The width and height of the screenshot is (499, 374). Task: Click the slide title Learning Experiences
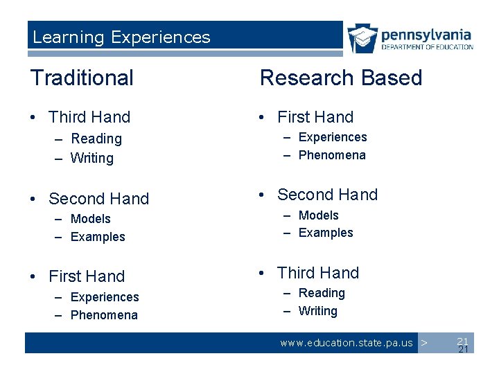tap(121, 37)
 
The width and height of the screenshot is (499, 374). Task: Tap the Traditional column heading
tap(82, 78)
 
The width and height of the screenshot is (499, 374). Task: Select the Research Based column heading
tap(340, 78)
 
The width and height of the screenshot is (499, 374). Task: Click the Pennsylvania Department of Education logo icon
tap(362, 39)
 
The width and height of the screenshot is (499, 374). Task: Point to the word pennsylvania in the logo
tap(426, 34)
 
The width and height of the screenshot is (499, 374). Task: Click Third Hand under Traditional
tap(89, 117)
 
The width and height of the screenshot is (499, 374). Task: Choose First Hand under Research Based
tap(315, 117)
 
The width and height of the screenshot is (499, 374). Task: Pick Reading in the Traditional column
tap(96, 139)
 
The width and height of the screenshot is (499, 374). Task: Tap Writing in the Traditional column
tap(92, 158)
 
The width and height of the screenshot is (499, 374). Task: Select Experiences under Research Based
tap(333, 137)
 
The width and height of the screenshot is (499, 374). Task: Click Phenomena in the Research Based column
tap(332, 155)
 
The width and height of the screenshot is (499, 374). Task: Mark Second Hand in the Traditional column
tap(98, 199)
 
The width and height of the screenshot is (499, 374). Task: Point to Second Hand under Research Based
tap(327, 195)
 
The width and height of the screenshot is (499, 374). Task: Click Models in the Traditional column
tap(91, 219)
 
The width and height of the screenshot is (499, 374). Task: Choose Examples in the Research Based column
tap(326, 233)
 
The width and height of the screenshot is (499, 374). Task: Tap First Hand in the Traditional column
tap(87, 276)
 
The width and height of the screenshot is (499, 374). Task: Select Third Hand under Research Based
tap(318, 273)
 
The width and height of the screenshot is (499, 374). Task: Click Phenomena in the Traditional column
tap(104, 315)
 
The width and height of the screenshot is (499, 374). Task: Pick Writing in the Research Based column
tap(318, 311)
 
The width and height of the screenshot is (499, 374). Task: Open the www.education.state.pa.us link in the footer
tap(346, 343)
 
